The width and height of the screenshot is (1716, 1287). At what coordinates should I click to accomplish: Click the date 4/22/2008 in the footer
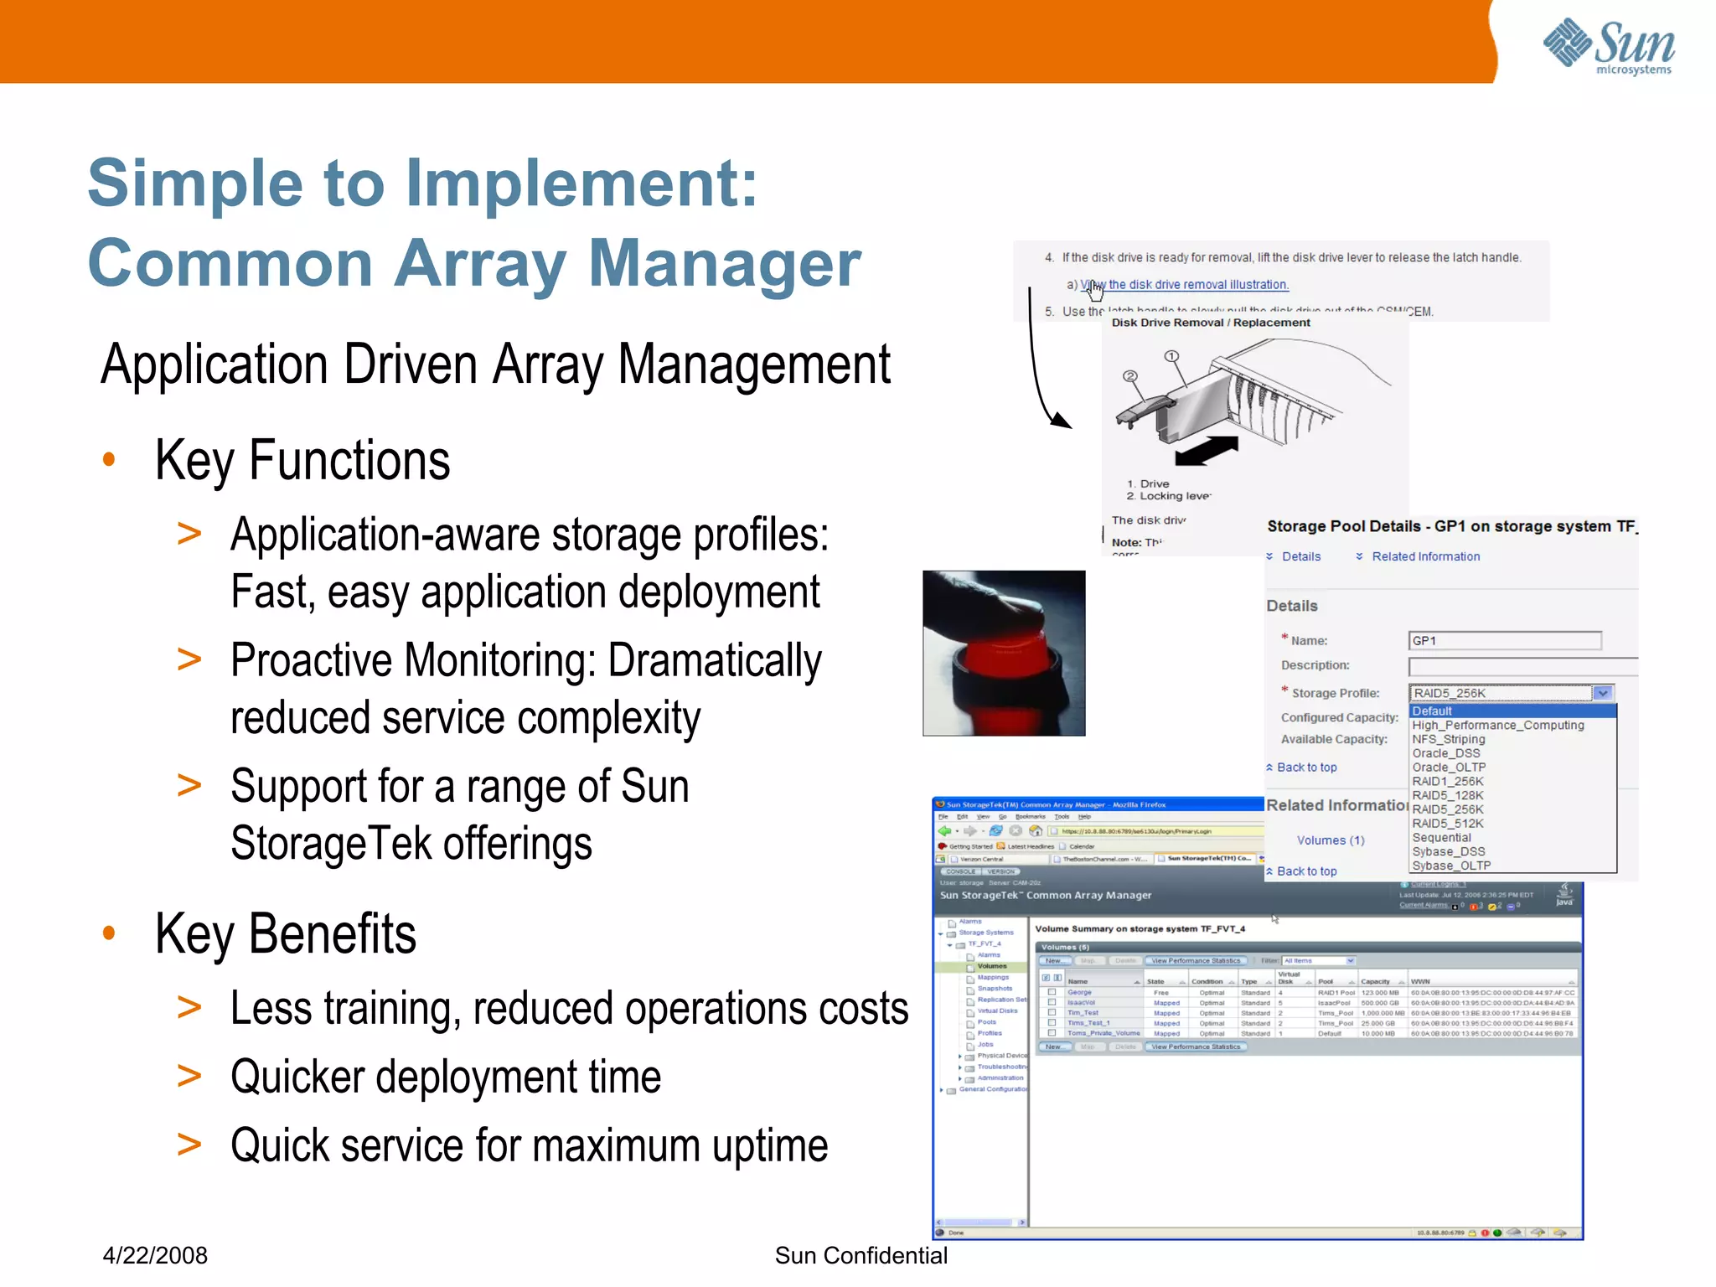155,1255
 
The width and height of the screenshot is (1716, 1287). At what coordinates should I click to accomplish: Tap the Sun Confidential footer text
861,1255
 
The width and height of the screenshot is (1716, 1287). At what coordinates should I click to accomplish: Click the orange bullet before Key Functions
109,459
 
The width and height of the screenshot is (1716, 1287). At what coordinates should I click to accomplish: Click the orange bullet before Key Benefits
109,933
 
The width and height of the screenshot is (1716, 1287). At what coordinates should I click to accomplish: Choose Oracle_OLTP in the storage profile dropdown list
1449,768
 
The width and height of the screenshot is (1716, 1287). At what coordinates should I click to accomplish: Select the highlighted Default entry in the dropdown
1432,711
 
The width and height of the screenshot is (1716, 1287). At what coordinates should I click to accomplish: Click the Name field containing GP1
1504,641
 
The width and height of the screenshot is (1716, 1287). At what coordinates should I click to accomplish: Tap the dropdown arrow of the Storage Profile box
1602,693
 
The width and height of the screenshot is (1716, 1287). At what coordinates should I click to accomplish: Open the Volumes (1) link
1331,840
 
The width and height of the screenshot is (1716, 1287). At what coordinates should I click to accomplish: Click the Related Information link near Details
1425,556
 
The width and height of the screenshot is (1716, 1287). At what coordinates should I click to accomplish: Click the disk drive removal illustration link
1190,285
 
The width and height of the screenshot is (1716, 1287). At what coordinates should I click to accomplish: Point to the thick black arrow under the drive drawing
1207,451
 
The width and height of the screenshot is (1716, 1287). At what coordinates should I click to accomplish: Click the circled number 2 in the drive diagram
1130,376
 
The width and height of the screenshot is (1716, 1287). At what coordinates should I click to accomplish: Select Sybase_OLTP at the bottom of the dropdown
1451,866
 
